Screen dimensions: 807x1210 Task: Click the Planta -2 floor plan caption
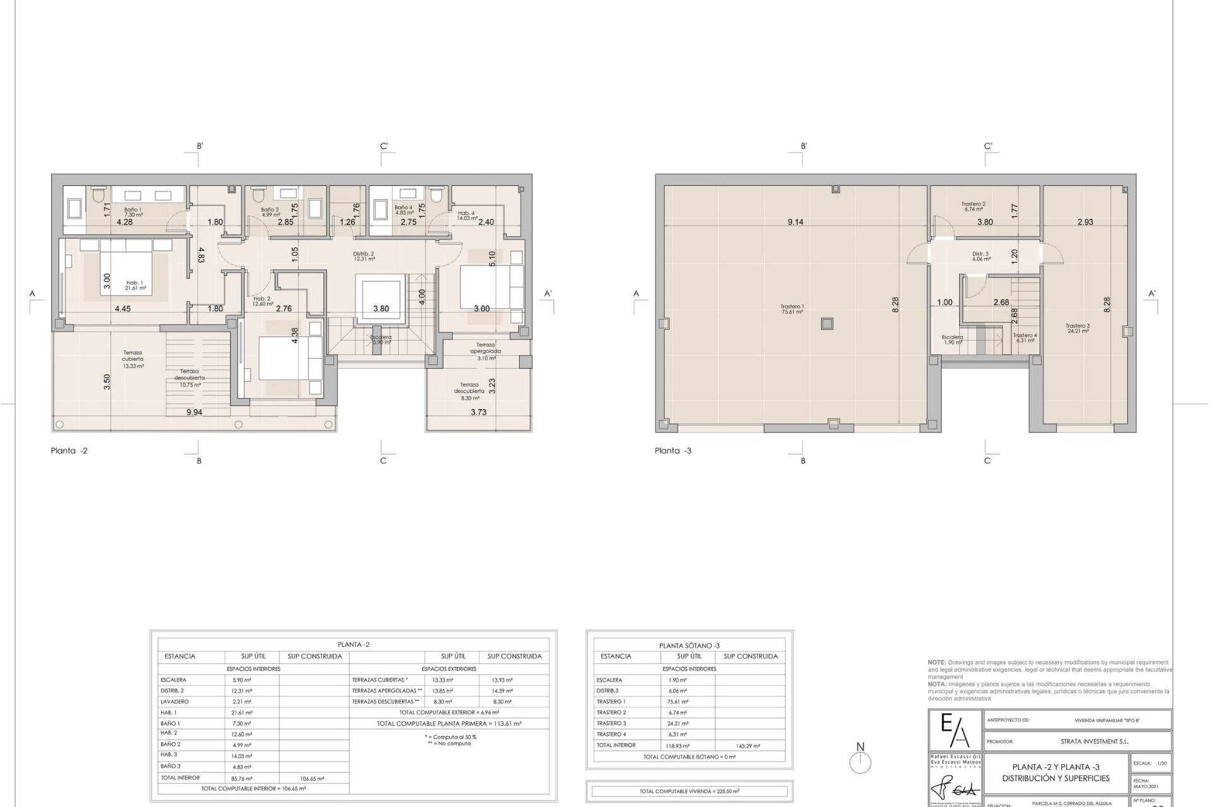69,451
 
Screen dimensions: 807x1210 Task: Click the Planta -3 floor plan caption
673,451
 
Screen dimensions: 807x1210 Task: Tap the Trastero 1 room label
792,309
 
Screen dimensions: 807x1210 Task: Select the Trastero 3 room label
1078,328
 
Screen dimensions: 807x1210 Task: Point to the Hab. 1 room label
135,285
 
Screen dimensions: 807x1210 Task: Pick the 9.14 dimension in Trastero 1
795,222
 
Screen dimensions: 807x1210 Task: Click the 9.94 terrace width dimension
195,412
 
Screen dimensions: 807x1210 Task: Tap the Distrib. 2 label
364,256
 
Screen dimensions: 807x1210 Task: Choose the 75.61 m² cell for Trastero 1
678,702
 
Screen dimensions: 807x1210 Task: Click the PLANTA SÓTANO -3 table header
689,646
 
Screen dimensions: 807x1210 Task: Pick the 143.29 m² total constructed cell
748,746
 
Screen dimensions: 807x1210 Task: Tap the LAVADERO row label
175,702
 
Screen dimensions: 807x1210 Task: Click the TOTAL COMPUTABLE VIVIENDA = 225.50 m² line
689,791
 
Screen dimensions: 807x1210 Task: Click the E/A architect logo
955,731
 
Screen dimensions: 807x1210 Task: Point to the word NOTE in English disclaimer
936,663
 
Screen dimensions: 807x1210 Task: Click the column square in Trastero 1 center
827,324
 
